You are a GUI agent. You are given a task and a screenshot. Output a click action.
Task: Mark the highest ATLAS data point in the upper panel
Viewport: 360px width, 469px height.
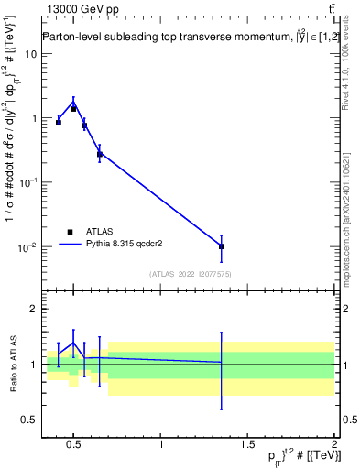tap(73, 108)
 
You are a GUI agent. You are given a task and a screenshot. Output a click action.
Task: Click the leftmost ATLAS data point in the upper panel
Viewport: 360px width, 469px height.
tap(59, 122)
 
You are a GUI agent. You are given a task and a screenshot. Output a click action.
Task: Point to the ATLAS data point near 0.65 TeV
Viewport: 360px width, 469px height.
tap(100, 154)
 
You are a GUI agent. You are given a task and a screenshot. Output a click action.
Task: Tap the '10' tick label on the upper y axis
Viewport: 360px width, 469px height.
tap(30, 53)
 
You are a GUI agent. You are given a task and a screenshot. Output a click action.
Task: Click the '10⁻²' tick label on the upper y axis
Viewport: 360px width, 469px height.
tap(28, 247)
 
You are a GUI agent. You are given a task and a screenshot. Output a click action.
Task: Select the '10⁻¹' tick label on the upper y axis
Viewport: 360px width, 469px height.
tap(28, 182)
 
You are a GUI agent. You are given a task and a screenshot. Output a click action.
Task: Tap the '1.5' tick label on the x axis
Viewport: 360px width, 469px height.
tap(248, 446)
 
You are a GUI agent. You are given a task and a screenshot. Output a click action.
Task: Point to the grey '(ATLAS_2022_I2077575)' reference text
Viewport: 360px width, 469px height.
tap(191, 274)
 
